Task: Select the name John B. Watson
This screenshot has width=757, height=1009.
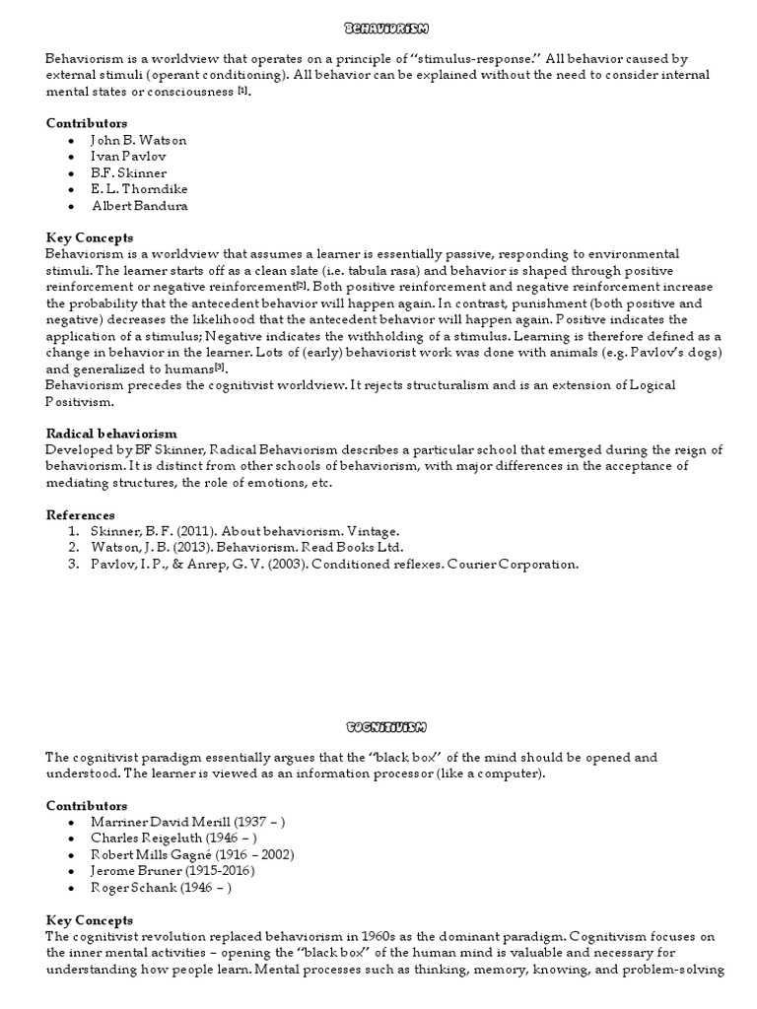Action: coord(139,140)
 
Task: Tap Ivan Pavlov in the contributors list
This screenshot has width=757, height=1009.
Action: coord(128,157)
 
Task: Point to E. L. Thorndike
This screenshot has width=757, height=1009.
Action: coord(140,189)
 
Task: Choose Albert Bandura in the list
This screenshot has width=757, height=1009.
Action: coord(140,206)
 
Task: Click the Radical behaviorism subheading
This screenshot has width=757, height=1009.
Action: coord(111,433)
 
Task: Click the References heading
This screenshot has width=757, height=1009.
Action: coord(81,515)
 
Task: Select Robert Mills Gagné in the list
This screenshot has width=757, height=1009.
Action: coord(192,854)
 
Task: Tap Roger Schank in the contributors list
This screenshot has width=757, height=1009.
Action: coord(161,887)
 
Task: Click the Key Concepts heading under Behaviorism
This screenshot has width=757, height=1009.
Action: coord(90,238)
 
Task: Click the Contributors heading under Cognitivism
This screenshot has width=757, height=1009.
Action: coord(87,805)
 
